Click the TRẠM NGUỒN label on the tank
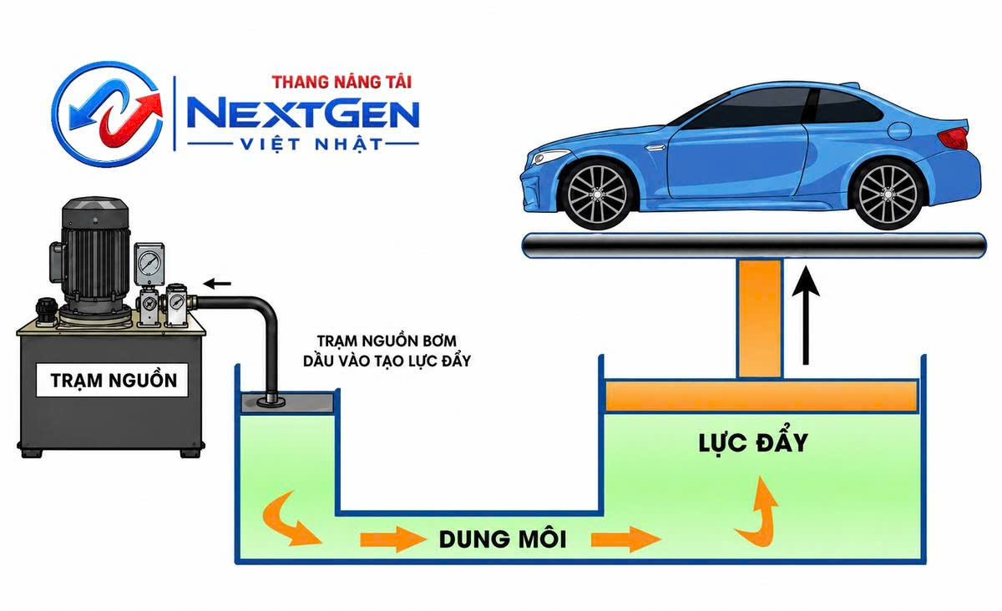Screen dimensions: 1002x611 (x=114, y=380)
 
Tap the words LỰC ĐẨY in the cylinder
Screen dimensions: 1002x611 (x=753, y=443)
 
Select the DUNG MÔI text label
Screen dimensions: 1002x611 (x=503, y=538)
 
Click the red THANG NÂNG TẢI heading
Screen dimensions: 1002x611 (x=342, y=82)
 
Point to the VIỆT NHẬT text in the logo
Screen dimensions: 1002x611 (x=311, y=144)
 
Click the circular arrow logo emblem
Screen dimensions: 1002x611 (x=108, y=114)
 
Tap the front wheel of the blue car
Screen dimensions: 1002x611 (x=597, y=195)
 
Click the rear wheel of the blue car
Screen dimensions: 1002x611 (x=888, y=194)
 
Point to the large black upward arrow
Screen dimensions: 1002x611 (x=806, y=316)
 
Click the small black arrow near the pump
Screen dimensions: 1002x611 (x=217, y=283)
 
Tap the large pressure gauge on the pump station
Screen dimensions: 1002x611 (x=149, y=263)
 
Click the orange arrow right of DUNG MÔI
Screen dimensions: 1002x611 (x=625, y=539)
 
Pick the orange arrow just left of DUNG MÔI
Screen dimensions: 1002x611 (x=392, y=539)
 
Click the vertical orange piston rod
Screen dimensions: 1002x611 (x=760, y=319)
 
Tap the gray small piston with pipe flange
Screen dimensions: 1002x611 (x=287, y=402)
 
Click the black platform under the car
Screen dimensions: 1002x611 (x=754, y=245)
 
